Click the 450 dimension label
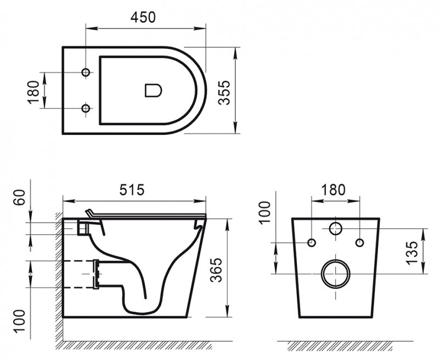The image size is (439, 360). (x=143, y=17)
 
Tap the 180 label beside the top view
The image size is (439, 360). (x=33, y=91)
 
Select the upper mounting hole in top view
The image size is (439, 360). (x=85, y=73)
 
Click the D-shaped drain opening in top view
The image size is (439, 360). (x=153, y=90)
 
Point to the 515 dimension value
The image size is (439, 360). (x=131, y=190)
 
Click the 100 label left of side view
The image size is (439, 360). (x=20, y=320)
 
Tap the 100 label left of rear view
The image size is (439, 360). (x=264, y=212)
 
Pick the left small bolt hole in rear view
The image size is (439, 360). (x=312, y=243)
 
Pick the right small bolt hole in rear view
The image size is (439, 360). (x=359, y=243)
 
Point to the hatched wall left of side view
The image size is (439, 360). (x=58, y=274)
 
